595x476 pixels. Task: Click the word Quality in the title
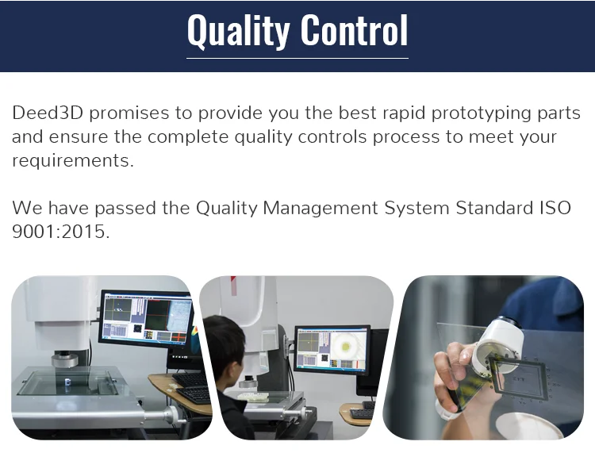point(238,31)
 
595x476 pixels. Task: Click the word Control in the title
point(355,29)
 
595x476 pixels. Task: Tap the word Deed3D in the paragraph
point(48,113)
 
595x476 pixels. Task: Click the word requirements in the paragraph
point(73,161)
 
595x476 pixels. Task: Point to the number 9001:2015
point(61,231)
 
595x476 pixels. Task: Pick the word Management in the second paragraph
point(321,209)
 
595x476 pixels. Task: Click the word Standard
point(494,208)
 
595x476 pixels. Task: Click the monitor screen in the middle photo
point(332,349)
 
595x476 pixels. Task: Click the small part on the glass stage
point(68,382)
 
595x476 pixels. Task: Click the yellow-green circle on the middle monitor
point(346,347)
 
